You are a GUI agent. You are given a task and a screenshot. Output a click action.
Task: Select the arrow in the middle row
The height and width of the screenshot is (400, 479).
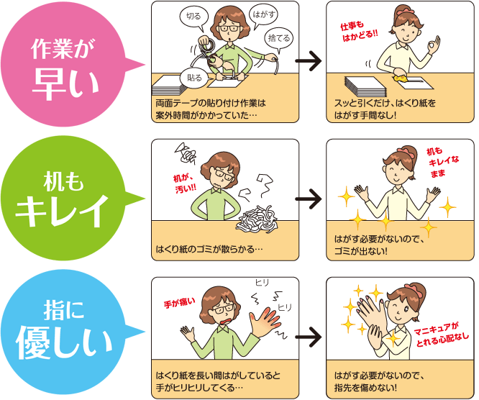pyautogui.click(x=309, y=197)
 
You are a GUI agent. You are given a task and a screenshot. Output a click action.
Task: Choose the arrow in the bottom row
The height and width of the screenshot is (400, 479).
pyautogui.click(x=309, y=335)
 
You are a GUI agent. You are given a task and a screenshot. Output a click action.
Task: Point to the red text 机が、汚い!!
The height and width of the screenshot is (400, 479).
pyautogui.click(x=184, y=183)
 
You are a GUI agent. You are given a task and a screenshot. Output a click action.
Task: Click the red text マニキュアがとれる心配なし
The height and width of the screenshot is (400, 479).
pyautogui.click(x=441, y=335)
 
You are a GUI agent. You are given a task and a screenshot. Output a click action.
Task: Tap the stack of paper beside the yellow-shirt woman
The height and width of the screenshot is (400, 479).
pyautogui.click(x=366, y=86)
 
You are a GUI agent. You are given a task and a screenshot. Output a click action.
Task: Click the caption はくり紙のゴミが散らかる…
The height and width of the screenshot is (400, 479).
pyautogui.click(x=209, y=251)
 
